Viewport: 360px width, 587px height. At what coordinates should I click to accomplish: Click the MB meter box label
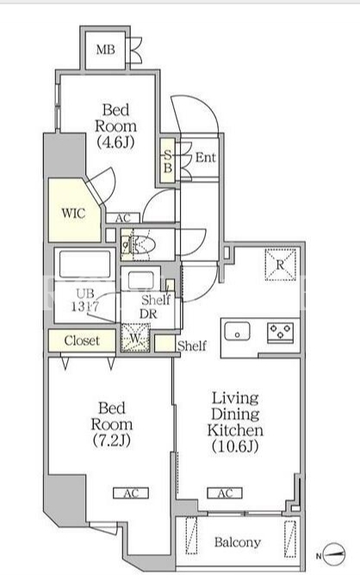click(105, 49)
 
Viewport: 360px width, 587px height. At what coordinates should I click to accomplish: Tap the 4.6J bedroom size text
click(115, 142)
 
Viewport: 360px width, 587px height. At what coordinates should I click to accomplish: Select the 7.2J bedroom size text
click(111, 440)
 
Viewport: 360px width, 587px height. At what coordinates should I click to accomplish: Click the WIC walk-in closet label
click(73, 214)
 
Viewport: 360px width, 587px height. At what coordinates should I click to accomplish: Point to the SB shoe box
click(168, 161)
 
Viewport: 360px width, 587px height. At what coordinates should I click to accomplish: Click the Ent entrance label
click(206, 157)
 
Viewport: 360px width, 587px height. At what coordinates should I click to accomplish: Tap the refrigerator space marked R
click(280, 265)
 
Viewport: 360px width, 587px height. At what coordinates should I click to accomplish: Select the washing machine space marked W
click(135, 338)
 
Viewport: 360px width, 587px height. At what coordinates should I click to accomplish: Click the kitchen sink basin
click(237, 332)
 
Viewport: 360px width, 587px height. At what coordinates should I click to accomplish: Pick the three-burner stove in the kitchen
click(280, 331)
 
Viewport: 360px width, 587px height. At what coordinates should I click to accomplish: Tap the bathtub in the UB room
click(84, 264)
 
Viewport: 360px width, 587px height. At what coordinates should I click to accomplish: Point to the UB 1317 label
click(85, 299)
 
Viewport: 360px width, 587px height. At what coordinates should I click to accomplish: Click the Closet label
click(82, 340)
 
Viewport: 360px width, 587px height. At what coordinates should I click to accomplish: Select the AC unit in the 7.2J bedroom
click(131, 493)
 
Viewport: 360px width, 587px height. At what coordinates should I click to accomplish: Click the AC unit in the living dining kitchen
click(225, 493)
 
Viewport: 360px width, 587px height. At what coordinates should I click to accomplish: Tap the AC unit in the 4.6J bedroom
click(123, 218)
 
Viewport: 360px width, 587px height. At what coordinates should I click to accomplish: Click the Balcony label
click(237, 541)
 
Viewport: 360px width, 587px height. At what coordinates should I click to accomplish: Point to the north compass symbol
click(334, 554)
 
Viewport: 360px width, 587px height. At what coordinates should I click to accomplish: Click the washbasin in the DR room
click(140, 280)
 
